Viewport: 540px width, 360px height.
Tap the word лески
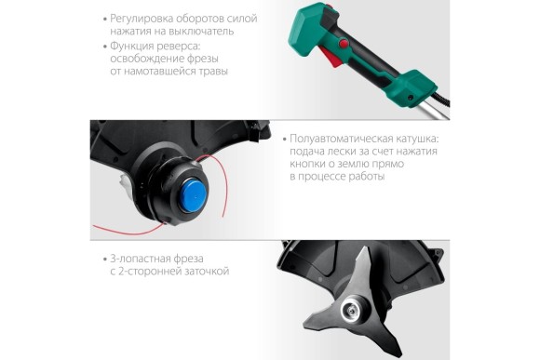click(341, 152)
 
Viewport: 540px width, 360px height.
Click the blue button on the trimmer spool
click(194, 193)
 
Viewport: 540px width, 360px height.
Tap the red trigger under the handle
click(331, 57)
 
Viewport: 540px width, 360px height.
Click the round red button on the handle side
click(344, 44)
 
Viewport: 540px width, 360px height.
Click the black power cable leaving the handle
click(443, 100)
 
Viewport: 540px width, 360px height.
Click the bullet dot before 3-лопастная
click(105, 260)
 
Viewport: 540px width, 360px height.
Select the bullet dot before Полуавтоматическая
click(285, 140)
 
